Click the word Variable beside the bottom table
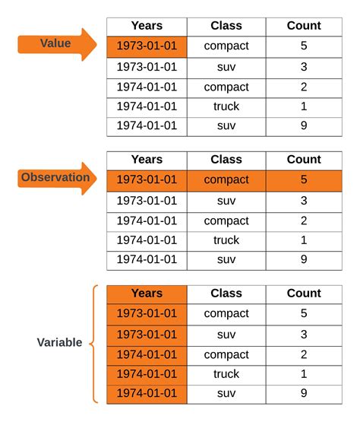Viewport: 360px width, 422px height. point(59,342)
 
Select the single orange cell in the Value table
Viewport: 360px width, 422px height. point(147,46)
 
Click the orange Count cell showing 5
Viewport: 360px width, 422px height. point(304,180)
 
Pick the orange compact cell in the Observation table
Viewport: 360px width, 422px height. point(226,180)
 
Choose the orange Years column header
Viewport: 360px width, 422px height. point(147,293)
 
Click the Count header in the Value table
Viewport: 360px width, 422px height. point(304,26)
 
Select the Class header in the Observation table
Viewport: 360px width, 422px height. point(226,160)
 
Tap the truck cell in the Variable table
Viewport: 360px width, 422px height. point(226,374)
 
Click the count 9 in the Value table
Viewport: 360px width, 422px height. point(304,125)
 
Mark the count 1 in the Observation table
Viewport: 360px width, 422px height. point(304,240)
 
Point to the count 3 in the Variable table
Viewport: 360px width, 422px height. point(304,334)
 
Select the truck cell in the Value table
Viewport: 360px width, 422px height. point(226,106)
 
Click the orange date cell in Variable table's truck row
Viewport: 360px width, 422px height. point(147,374)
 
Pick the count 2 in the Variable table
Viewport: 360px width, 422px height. point(304,354)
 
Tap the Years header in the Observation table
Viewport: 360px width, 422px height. point(147,160)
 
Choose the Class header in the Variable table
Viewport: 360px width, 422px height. point(226,293)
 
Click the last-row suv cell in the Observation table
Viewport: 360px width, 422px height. point(226,259)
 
